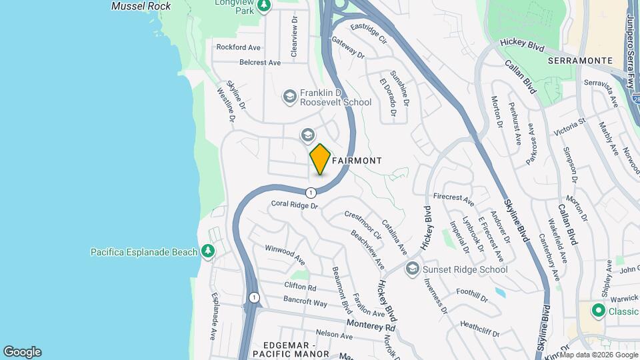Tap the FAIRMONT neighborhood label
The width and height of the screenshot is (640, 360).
click(357, 161)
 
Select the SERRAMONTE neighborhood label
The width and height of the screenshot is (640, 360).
click(580, 60)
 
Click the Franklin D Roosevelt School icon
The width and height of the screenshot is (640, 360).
click(289, 97)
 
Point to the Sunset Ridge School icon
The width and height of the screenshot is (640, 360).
click(412, 269)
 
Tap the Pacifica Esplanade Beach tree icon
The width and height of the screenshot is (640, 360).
click(209, 251)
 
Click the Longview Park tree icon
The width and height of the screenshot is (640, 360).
click(265, 6)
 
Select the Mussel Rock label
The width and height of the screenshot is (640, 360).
click(141, 6)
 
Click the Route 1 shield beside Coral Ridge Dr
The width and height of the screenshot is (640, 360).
click(311, 193)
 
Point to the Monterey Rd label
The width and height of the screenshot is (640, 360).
click(371, 325)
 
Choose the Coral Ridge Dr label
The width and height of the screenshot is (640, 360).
click(295, 205)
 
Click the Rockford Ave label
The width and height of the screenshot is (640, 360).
click(238, 47)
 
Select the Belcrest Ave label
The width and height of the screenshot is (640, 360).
click(260, 62)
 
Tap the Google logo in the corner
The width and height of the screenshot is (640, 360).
click(22, 352)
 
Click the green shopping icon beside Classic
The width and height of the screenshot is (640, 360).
click(598, 311)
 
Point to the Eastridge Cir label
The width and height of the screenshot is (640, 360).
click(369, 33)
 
